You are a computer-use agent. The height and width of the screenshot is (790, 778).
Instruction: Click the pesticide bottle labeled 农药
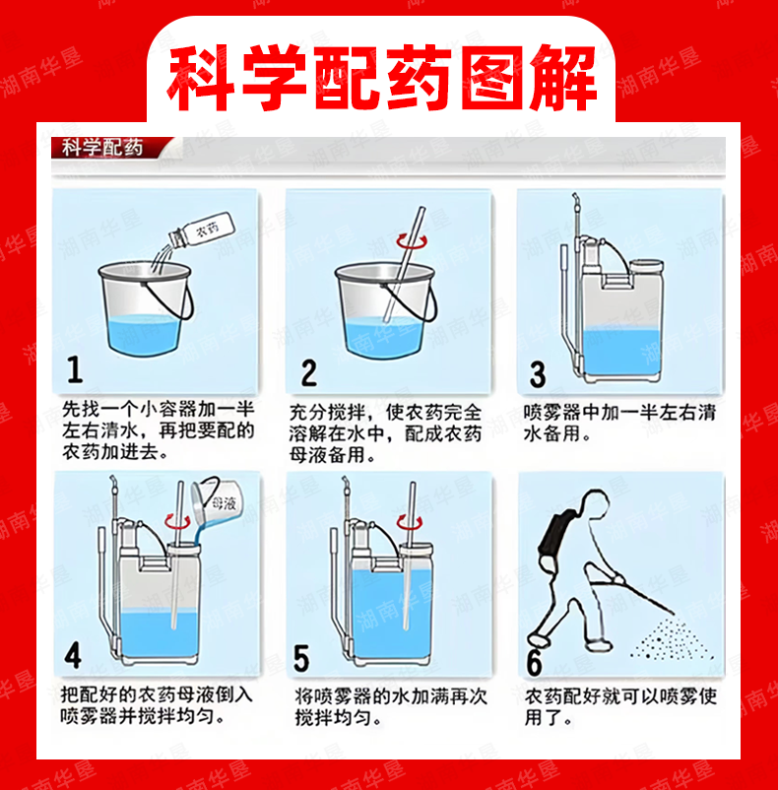[x=202, y=230]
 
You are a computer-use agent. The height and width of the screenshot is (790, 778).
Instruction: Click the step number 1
[x=75, y=369]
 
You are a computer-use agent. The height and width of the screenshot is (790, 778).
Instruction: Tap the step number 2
[x=309, y=372]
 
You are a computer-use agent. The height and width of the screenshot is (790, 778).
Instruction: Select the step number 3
[x=538, y=375]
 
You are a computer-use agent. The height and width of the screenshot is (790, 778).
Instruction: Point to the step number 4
[x=73, y=656]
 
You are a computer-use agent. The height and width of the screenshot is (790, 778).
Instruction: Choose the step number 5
[x=301, y=658]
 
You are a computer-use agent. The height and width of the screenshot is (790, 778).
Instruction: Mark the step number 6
[x=535, y=663]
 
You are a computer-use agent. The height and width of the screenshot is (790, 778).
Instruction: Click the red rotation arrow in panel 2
[x=412, y=241]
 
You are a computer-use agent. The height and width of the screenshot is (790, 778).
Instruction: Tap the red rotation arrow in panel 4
[x=177, y=520]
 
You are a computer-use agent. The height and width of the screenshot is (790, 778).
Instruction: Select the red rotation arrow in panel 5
[x=410, y=522]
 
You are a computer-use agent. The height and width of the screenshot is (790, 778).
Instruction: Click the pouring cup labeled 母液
[x=217, y=499]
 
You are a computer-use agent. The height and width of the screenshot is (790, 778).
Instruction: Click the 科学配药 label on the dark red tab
[x=102, y=148]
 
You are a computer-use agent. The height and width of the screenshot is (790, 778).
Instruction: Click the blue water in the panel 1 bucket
[x=145, y=334]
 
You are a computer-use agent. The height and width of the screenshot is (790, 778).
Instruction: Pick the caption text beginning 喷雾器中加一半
[x=619, y=423]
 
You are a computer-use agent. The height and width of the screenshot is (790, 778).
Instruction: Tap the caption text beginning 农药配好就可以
[x=620, y=706]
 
